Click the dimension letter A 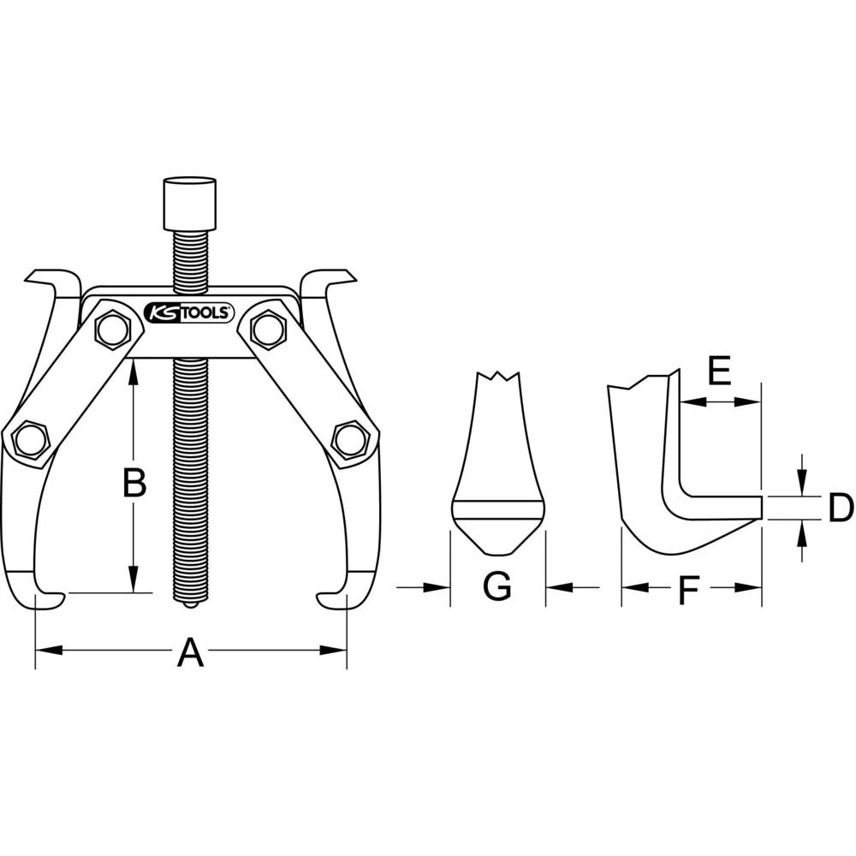pos(190,654)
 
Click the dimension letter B pos(134,484)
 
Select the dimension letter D pos(841,508)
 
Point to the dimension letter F pos(689,590)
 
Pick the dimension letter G pos(496,587)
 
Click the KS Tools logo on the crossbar pos(189,312)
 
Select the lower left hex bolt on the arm pos(30,439)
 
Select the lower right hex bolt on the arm pos(348,439)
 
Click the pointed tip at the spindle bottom pos(190,604)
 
